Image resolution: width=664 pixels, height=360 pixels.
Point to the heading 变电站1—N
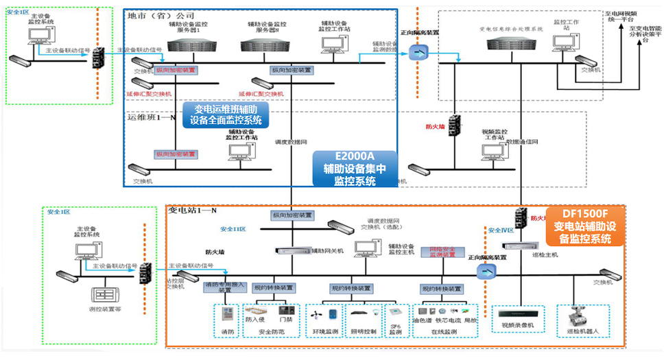[193, 209]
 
